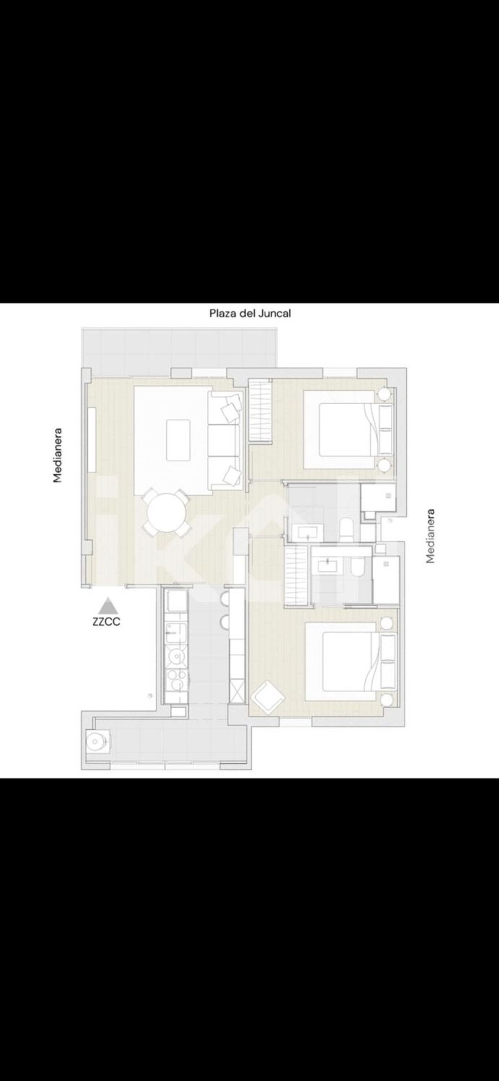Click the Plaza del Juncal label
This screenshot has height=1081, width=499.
pos(250,313)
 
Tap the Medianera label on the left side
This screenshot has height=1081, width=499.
pos(58,455)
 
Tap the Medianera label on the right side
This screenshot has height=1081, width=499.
pos(430,536)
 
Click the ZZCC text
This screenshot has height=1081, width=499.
pos(106,621)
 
